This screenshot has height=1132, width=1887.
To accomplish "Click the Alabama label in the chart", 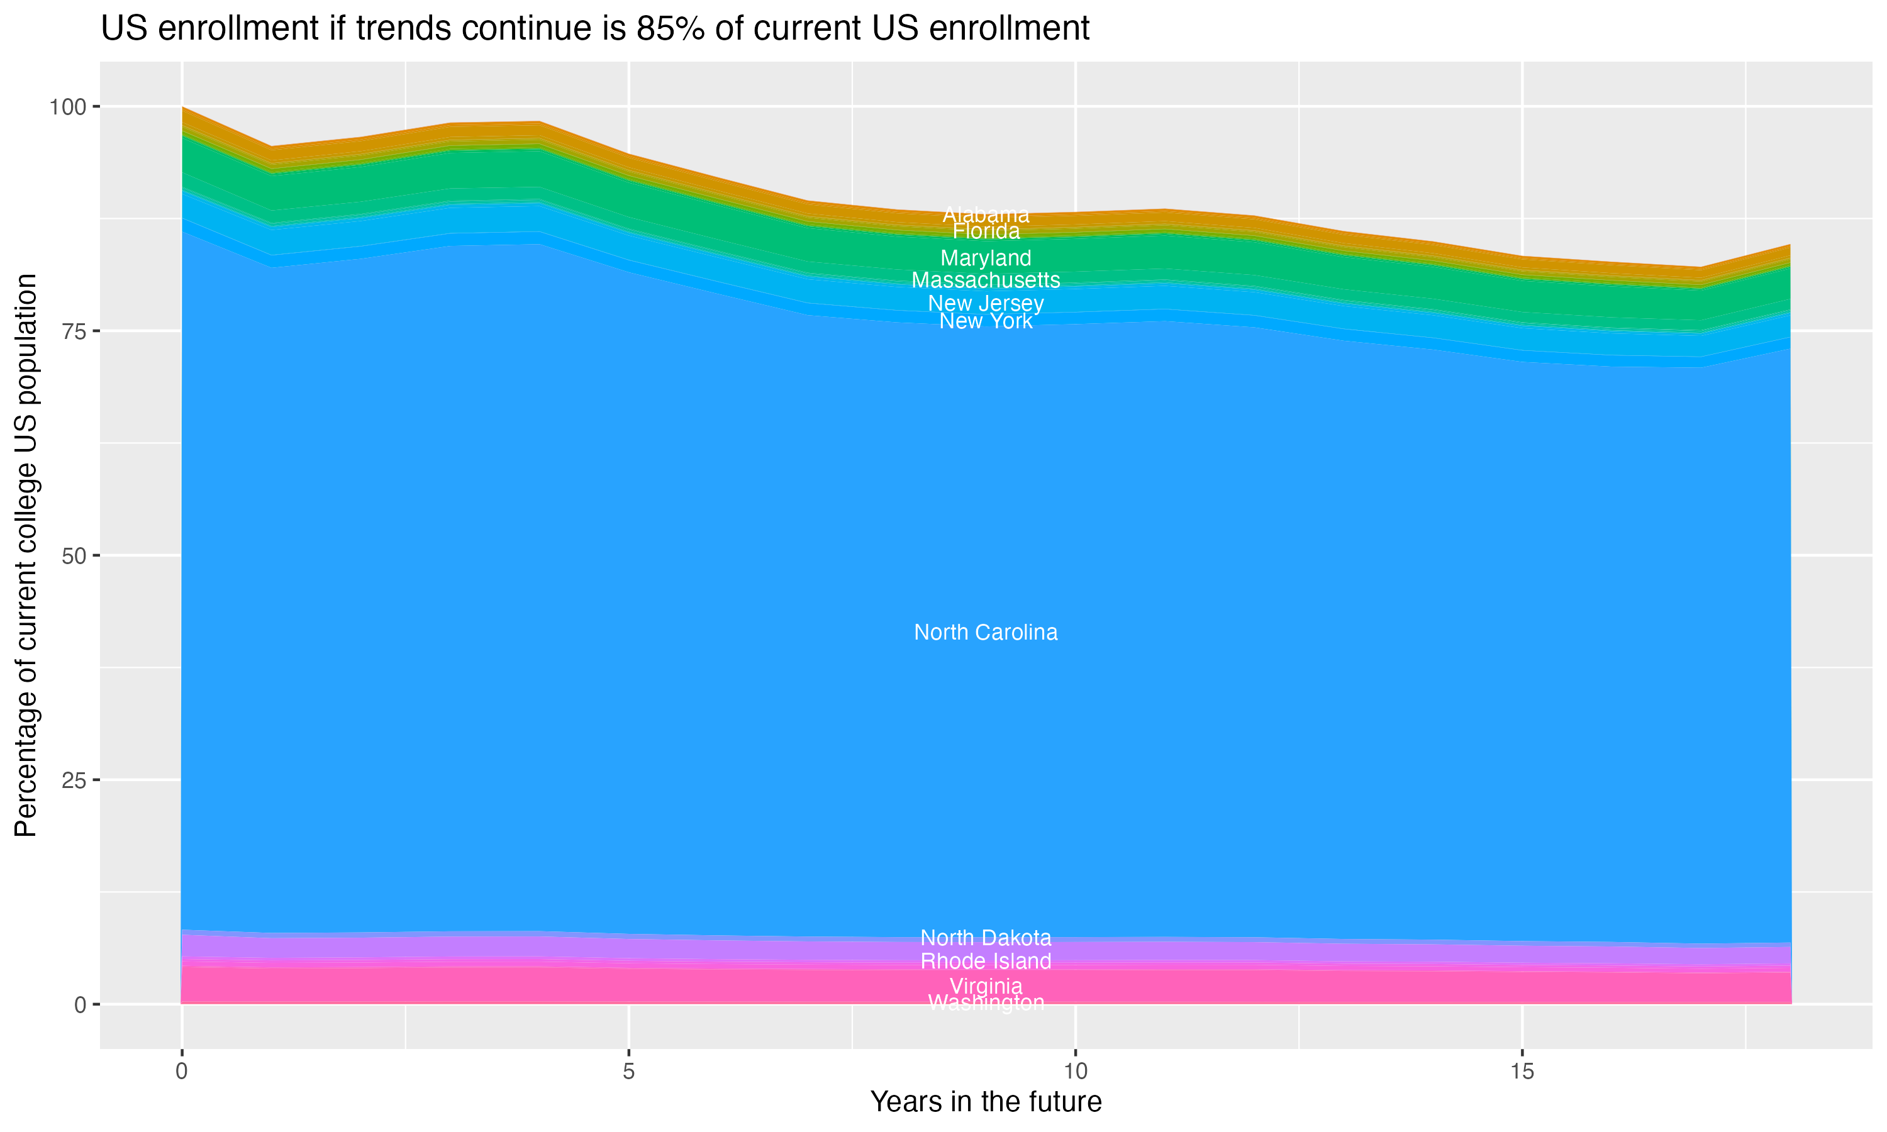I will pyautogui.click(x=986, y=215).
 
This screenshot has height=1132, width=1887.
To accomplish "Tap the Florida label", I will pyautogui.click(x=986, y=231).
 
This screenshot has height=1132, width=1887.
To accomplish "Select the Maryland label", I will pyautogui.click(x=986, y=258).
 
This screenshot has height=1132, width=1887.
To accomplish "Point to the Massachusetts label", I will pyautogui.click(x=986, y=280).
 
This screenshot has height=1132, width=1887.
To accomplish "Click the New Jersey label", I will pyautogui.click(x=986, y=303).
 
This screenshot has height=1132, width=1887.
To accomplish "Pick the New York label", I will pyautogui.click(x=986, y=321).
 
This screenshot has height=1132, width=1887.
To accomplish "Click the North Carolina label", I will pyautogui.click(x=986, y=633).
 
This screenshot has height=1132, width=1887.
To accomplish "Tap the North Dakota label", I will pyautogui.click(x=986, y=938).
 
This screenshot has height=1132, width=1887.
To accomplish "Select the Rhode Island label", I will pyautogui.click(x=986, y=961).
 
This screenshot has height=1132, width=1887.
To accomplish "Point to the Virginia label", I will pyautogui.click(x=986, y=985).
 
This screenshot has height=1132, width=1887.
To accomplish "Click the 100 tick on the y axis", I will pyautogui.click(x=67, y=107).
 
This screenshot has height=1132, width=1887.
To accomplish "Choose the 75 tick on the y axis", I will pyautogui.click(x=73, y=331).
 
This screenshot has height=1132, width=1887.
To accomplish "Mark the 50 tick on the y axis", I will pyautogui.click(x=73, y=555).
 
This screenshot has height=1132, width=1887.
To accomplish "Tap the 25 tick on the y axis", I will pyautogui.click(x=73, y=780).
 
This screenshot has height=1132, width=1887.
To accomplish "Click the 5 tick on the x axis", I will pyautogui.click(x=628, y=1072).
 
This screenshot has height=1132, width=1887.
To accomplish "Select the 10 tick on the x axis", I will pyautogui.click(x=1075, y=1072).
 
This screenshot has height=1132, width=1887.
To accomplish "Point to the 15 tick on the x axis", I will pyautogui.click(x=1522, y=1072).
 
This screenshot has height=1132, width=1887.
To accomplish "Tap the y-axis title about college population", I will pyautogui.click(x=26, y=555).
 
